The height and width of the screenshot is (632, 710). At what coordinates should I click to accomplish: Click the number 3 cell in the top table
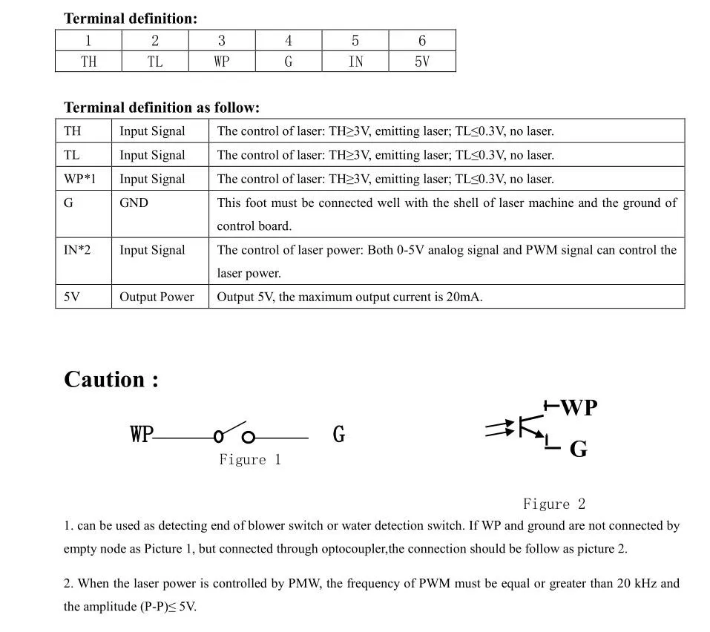[221, 41]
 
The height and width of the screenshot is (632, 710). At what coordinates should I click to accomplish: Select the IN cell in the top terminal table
[355, 62]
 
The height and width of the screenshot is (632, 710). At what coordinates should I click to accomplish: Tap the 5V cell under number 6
[421, 62]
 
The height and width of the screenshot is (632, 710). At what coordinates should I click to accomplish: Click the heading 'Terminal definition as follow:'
[162, 108]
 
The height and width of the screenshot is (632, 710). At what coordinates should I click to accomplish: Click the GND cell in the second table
[134, 203]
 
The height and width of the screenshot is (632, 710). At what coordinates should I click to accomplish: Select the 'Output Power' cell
[157, 297]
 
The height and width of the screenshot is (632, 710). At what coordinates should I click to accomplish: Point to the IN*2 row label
[77, 250]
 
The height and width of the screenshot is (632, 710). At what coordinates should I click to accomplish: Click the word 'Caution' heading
[111, 379]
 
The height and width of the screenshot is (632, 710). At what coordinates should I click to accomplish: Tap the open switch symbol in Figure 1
[234, 433]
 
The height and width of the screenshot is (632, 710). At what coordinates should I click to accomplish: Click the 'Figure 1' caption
[250, 460]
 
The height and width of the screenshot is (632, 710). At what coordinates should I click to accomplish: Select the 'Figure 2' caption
[554, 504]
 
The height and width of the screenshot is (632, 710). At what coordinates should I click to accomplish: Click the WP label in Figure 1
[141, 434]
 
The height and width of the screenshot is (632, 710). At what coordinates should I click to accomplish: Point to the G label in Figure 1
[339, 434]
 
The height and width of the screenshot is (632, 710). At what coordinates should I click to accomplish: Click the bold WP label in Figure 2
[579, 407]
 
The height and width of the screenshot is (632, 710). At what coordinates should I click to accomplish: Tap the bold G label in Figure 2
[579, 449]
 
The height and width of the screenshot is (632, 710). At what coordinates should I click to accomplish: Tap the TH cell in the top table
[88, 62]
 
